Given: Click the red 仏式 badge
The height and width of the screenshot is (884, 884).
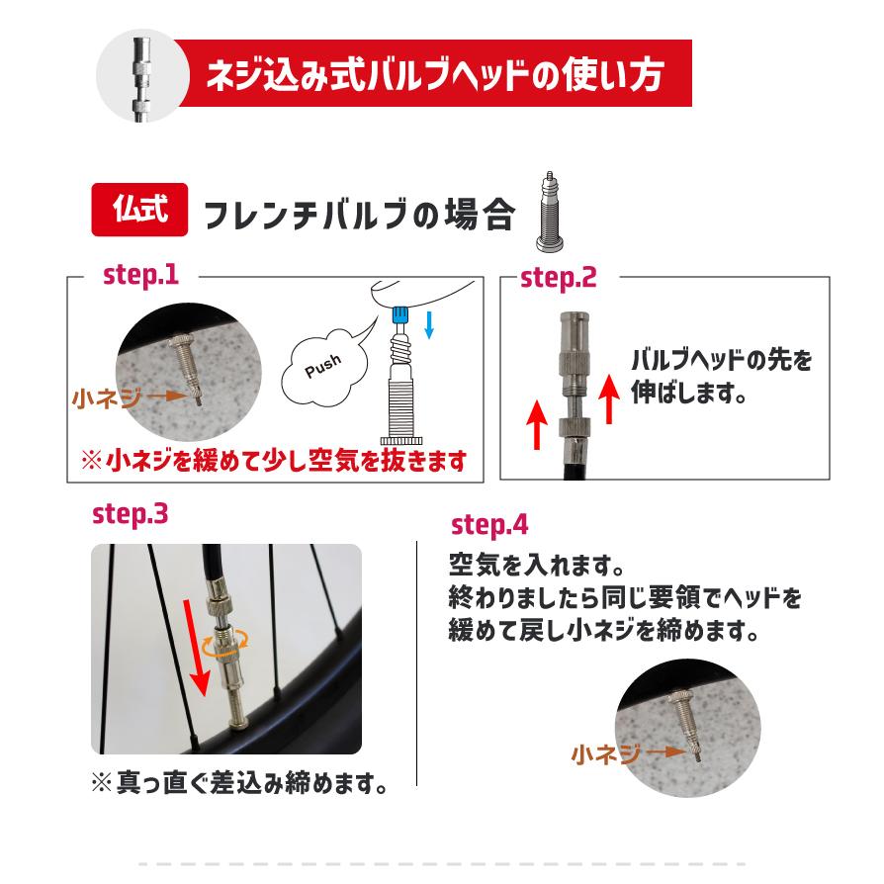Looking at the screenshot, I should coord(139,210).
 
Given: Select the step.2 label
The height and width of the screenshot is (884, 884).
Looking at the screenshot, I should coord(559,278).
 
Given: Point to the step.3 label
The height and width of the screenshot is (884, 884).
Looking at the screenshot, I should coord(130,514).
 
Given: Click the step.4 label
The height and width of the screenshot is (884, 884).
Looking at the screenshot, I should coord(489,524).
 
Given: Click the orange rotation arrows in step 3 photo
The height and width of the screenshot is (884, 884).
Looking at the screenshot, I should coord(222,646).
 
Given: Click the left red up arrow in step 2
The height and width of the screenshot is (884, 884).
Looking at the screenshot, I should coord(537,421).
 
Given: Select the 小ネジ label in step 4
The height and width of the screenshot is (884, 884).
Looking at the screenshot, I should coord(605,754).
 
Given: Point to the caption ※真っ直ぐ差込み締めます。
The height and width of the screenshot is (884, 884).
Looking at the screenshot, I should coord(237,785).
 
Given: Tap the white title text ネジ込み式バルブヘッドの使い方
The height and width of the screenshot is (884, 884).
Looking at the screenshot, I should coord(433,75).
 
